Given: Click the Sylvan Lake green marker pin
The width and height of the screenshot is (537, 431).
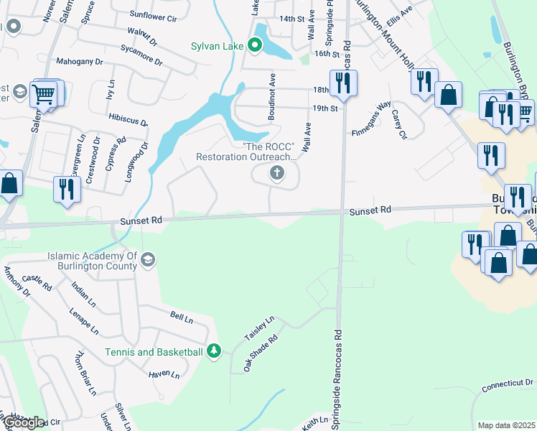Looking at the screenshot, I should coord(255,46).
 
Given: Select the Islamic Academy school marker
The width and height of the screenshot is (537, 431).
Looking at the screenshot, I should coord(148,260).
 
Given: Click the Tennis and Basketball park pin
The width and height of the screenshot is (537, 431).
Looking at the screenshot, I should coord(213,351).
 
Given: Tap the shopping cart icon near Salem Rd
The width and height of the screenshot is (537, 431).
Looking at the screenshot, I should coord(45,93).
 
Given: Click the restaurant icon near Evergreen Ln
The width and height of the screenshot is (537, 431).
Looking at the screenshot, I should coord(65,190).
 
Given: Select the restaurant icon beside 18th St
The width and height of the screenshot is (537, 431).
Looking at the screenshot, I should coord(341,83).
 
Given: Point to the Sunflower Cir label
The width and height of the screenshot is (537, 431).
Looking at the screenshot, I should coord(154,14).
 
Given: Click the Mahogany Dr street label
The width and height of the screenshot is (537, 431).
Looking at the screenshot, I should coord(79,62).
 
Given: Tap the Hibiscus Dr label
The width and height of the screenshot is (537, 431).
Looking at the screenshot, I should coord(128,119).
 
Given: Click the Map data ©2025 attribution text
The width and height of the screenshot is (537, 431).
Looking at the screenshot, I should coord(506,425).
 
